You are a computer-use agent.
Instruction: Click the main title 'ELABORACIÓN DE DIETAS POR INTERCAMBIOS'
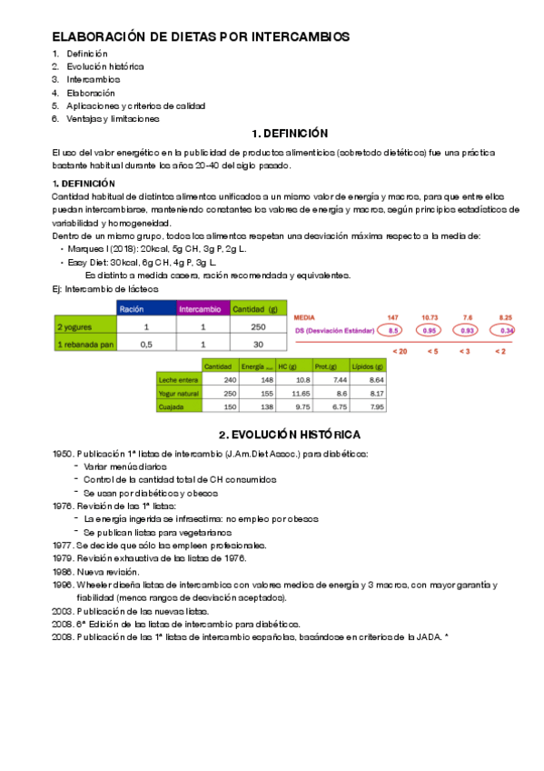(200, 36)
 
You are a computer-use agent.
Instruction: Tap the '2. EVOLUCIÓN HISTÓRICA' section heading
(290, 434)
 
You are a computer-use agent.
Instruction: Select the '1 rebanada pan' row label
(85, 344)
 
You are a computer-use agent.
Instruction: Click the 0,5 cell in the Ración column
(145, 344)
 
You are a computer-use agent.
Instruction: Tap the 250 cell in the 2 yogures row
(258, 326)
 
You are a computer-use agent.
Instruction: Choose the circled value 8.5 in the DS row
(393, 330)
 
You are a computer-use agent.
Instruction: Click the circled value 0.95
(430, 330)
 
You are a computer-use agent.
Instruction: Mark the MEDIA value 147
(393, 316)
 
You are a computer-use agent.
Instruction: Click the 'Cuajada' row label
(172, 407)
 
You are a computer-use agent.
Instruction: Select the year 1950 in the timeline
(61, 454)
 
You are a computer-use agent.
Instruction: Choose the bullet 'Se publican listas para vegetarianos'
(158, 532)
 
